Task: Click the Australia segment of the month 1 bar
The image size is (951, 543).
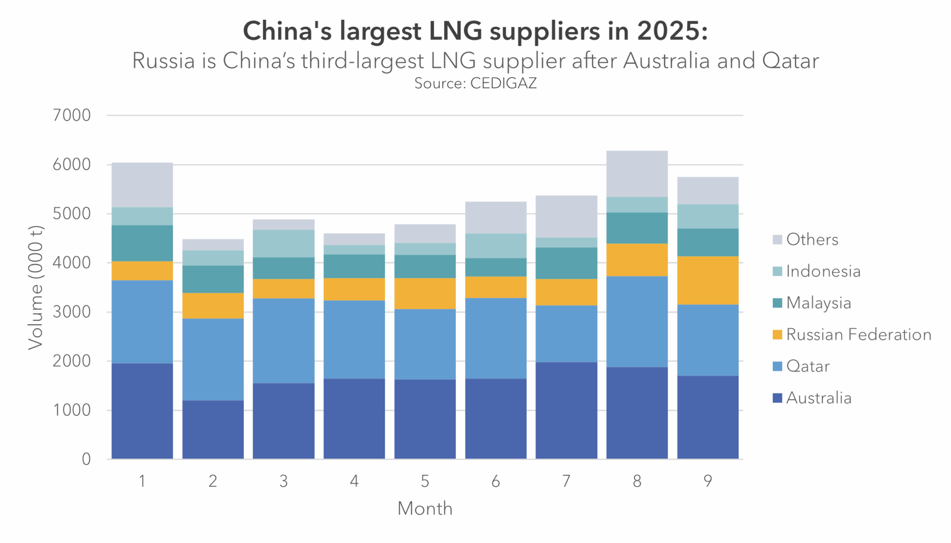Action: click(142, 411)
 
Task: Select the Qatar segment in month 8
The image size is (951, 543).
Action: click(636, 321)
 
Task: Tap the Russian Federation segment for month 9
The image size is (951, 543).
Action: click(707, 280)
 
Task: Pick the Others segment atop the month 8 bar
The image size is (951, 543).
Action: click(636, 174)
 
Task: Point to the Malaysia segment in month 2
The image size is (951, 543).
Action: click(213, 279)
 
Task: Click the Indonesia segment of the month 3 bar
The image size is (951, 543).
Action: click(283, 244)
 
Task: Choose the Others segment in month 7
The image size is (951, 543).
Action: click(566, 216)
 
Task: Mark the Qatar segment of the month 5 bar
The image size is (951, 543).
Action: click(425, 344)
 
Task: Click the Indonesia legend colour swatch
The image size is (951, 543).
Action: click(777, 271)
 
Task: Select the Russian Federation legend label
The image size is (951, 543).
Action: click(858, 335)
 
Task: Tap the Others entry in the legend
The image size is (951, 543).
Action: click(812, 240)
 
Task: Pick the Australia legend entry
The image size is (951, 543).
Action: click(818, 398)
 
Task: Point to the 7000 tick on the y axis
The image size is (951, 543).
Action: click(72, 115)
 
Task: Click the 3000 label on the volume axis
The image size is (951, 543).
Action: click(72, 312)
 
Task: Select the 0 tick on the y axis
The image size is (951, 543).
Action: click(86, 459)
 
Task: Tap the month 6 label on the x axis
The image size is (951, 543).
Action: click(495, 481)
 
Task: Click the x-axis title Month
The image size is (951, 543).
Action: click(425, 508)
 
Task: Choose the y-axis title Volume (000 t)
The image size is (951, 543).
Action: click(36, 287)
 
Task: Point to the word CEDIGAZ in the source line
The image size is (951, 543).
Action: click(503, 83)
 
